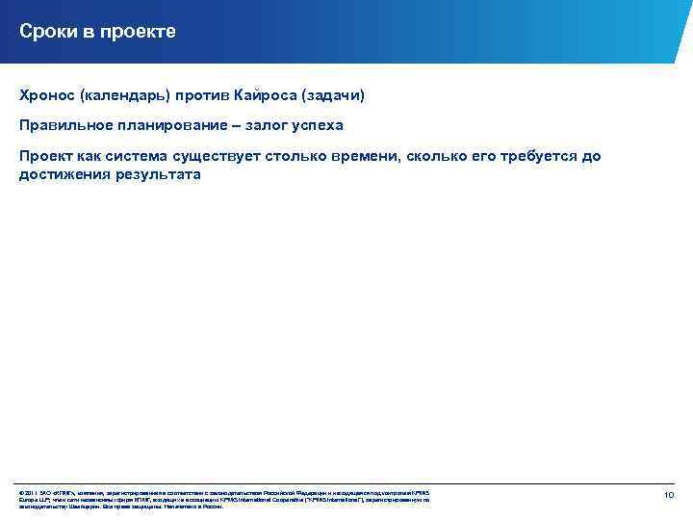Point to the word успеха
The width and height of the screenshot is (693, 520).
[x=319, y=126]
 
